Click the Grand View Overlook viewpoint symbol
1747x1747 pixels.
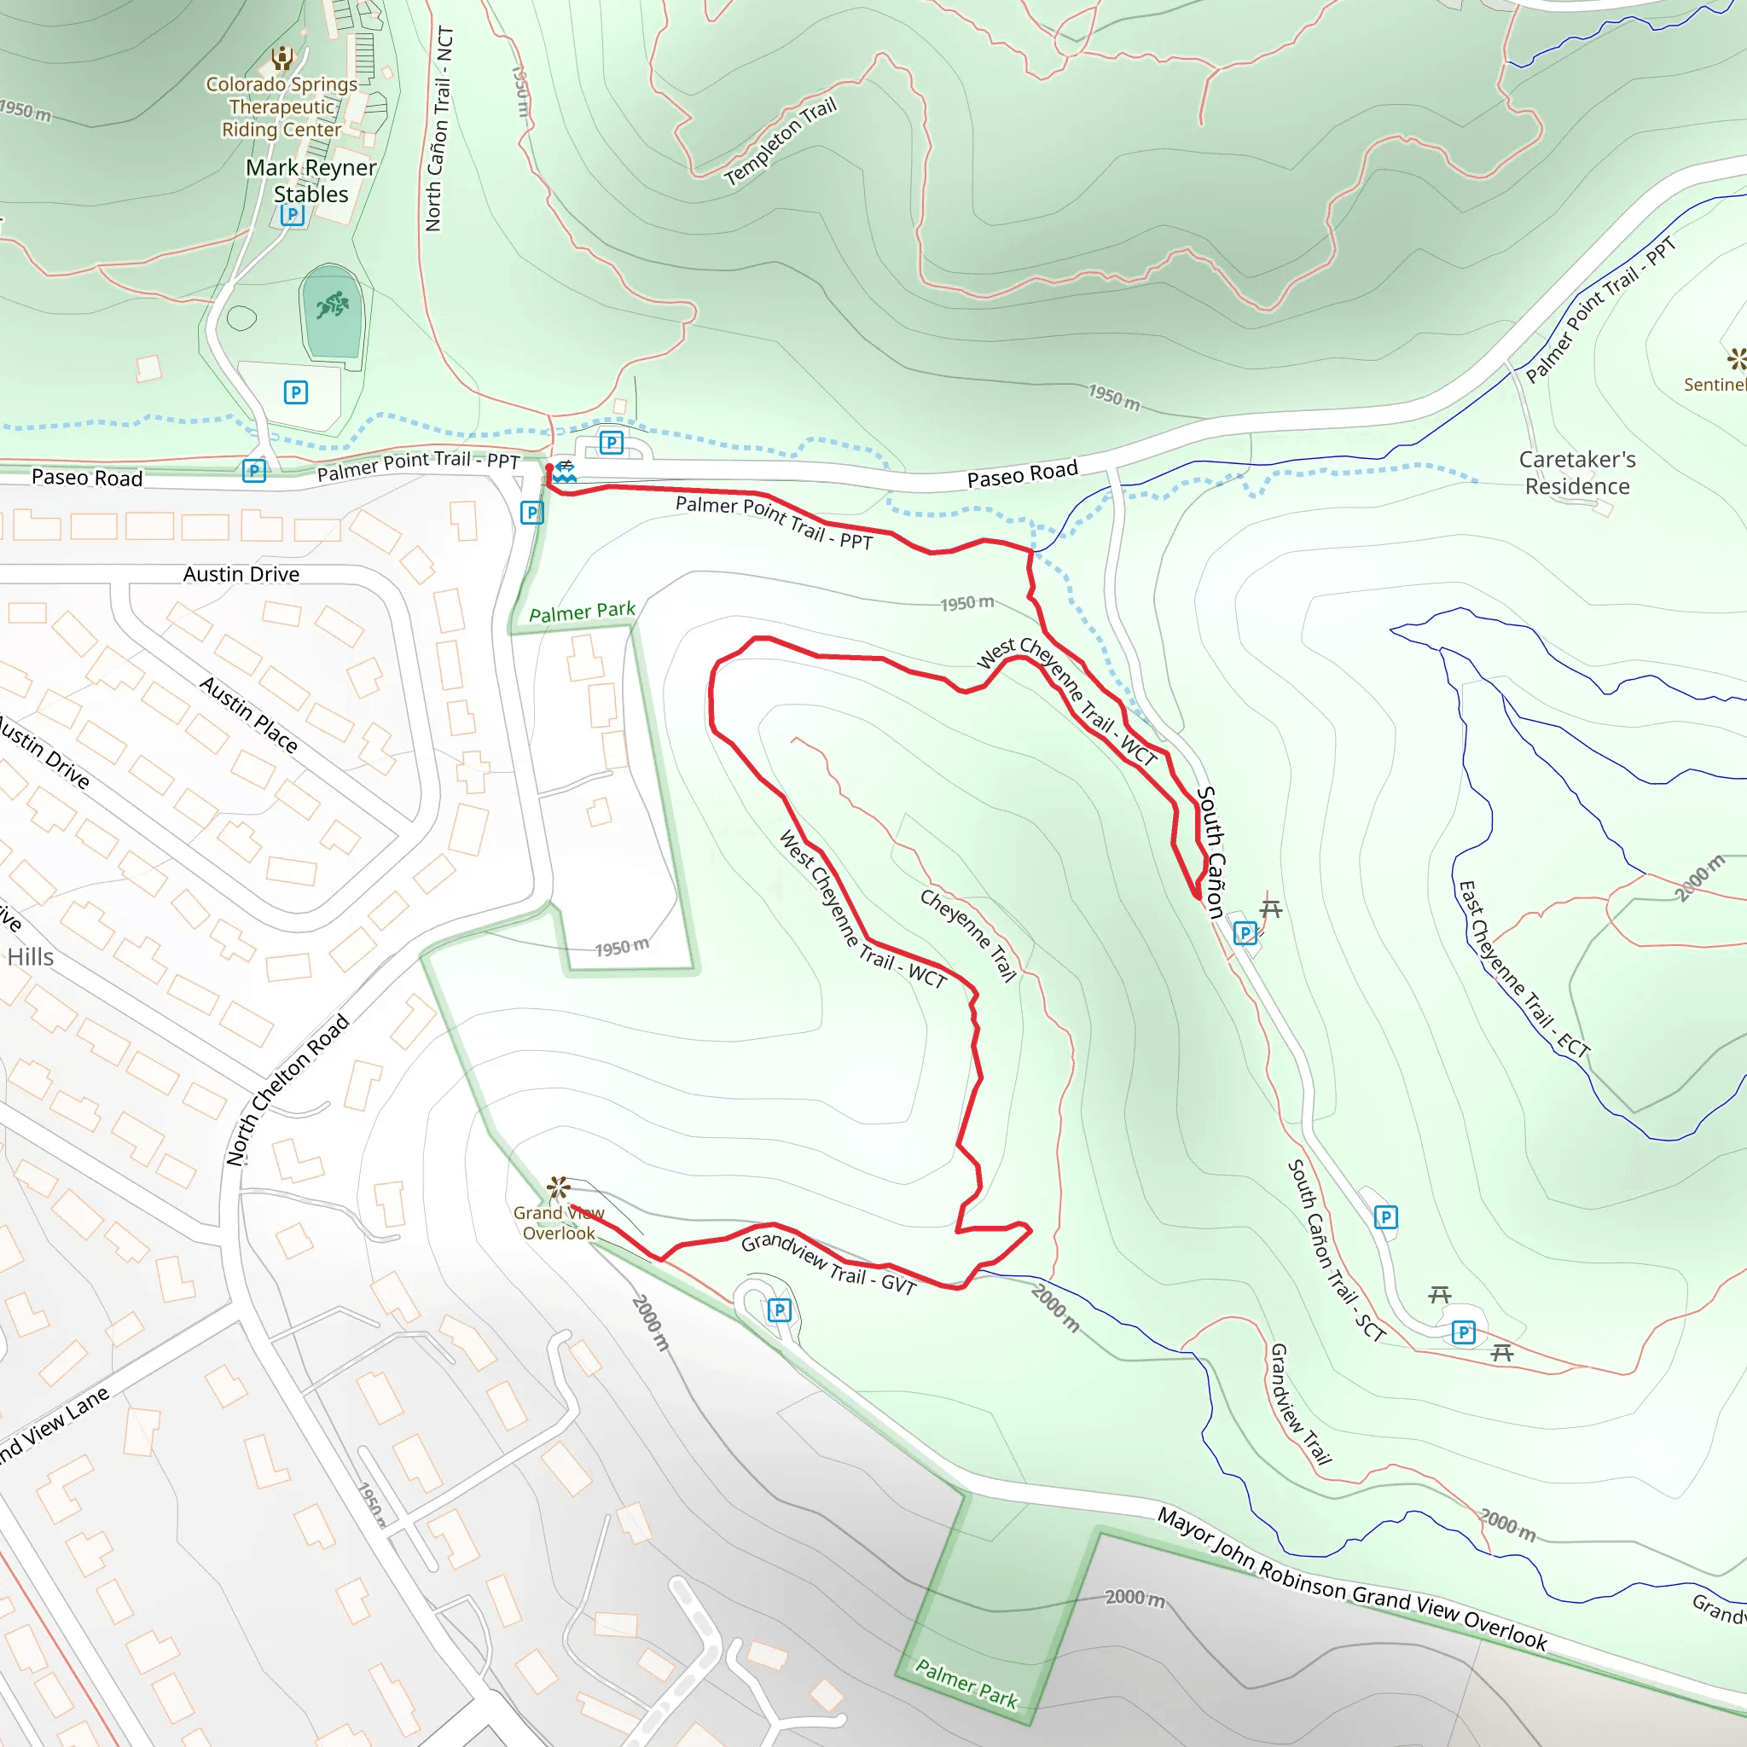558,1187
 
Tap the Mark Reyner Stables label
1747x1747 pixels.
311,181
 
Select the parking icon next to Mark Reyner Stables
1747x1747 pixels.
292,215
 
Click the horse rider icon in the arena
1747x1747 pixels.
332,305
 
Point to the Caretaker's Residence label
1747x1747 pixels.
1577,473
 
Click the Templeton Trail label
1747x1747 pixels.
781,141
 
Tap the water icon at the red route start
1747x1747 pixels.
566,472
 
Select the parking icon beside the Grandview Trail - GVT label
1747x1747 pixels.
780,1309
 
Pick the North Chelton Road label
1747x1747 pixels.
287,1089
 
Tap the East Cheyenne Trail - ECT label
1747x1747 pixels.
1524,969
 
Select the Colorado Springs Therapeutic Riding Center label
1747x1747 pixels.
282,107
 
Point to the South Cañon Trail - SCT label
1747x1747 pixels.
1336,1251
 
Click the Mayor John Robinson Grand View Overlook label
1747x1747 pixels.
1352,1579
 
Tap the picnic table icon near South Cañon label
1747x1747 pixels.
1270,908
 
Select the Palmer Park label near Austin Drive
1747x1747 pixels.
583,612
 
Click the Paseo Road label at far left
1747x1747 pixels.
87,478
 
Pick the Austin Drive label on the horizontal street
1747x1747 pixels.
241,574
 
